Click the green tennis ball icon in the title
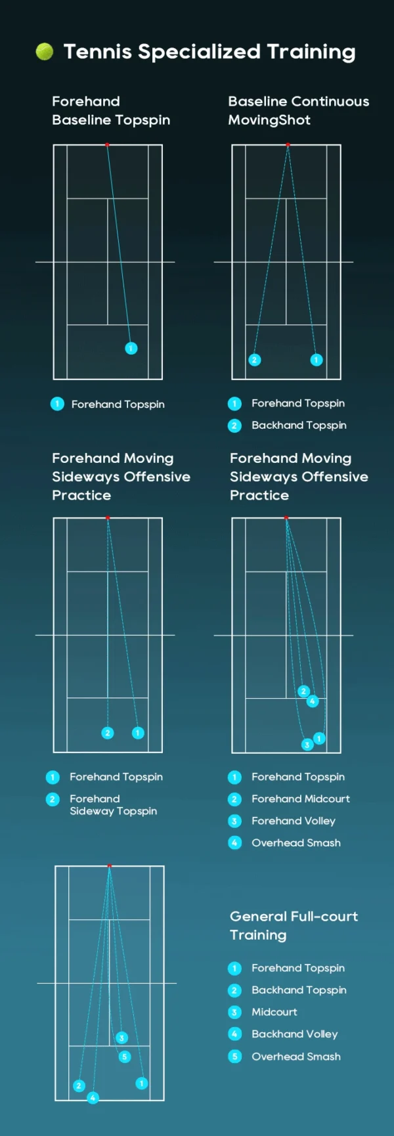(45, 51)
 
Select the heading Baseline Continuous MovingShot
(298, 110)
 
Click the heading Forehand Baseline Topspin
(111, 110)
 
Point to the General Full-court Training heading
(294, 925)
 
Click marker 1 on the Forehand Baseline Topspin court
(131, 348)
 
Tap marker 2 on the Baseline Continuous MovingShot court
(255, 360)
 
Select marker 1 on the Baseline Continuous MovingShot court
(317, 360)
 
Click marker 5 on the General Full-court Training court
(125, 1057)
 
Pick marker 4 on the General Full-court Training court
(93, 1097)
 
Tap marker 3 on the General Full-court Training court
(121, 1038)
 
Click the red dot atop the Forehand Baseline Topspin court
(107, 144)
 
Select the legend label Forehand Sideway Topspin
(113, 805)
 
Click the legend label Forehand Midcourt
(301, 799)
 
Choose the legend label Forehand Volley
(294, 821)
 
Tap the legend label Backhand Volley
(295, 1034)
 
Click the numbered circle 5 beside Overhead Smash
(235, 1057)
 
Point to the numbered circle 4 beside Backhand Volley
(235, 1034)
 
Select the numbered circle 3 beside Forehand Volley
(235, 821)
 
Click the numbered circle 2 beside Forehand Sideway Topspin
(53, 799)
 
